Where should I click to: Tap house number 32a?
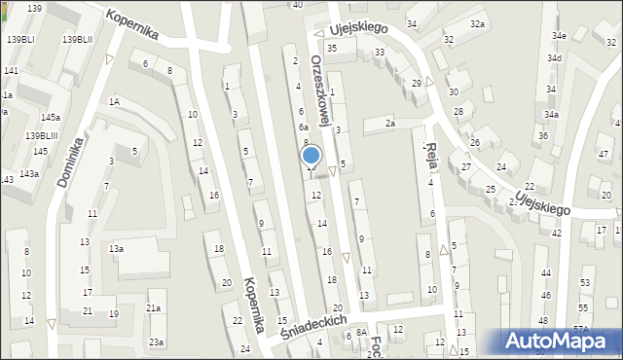[x=477, y=23]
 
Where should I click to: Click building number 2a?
[x=389, y=123]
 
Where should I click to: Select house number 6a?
[x=304, y=127]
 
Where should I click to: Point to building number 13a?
[x=116, y=249]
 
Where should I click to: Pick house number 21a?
[x=154, y=308]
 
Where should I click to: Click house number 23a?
[x=156, y=342]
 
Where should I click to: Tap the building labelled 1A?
[x=114, y=101]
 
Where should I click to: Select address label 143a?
[x=29, y=173]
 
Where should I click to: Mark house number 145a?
[x=51, y=117]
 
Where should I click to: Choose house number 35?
[x=332, y=48]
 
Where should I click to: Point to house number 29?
[x=416, y=84]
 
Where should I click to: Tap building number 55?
[x=583, y=281]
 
